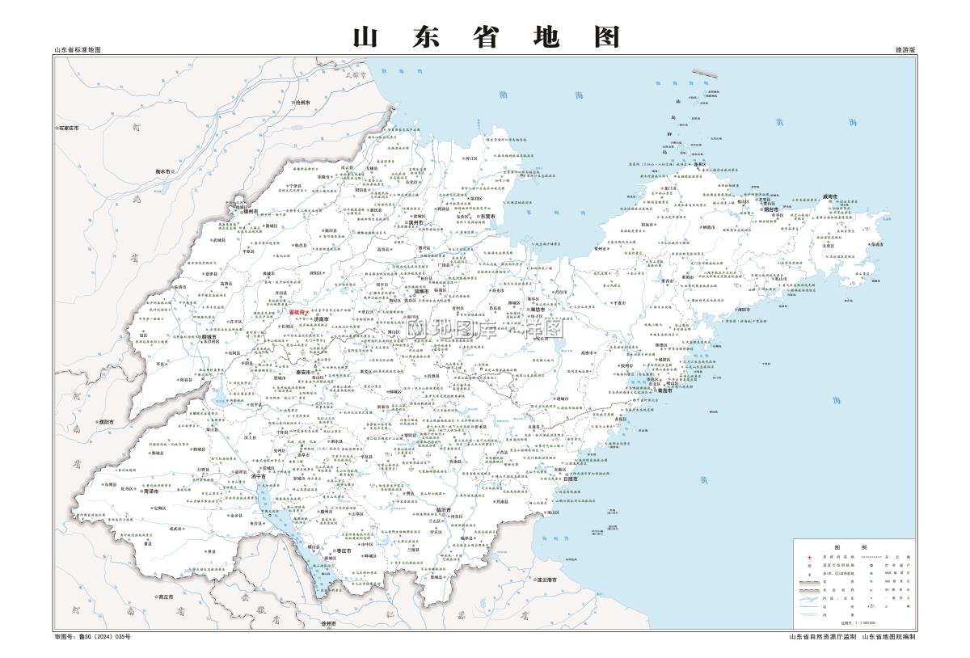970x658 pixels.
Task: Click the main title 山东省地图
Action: (x=487, y=36)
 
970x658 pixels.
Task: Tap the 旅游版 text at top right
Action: (x=905, y=50)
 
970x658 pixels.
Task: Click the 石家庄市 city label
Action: (x=68, y=129)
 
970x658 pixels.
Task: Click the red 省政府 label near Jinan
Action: (x=298, y=311)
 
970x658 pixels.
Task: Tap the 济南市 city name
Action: (x=322, y=319)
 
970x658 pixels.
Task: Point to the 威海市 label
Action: (x=830, y=196)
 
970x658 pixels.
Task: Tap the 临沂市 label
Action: (x=443, y=510)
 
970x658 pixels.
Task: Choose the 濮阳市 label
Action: (x=105, y=422)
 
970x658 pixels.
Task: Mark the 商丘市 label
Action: (x=167, y=597)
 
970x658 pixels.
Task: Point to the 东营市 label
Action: (x=487, y=217)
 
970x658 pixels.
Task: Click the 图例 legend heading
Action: (x=854, y=546)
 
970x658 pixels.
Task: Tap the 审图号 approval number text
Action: (x=91, y=637)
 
